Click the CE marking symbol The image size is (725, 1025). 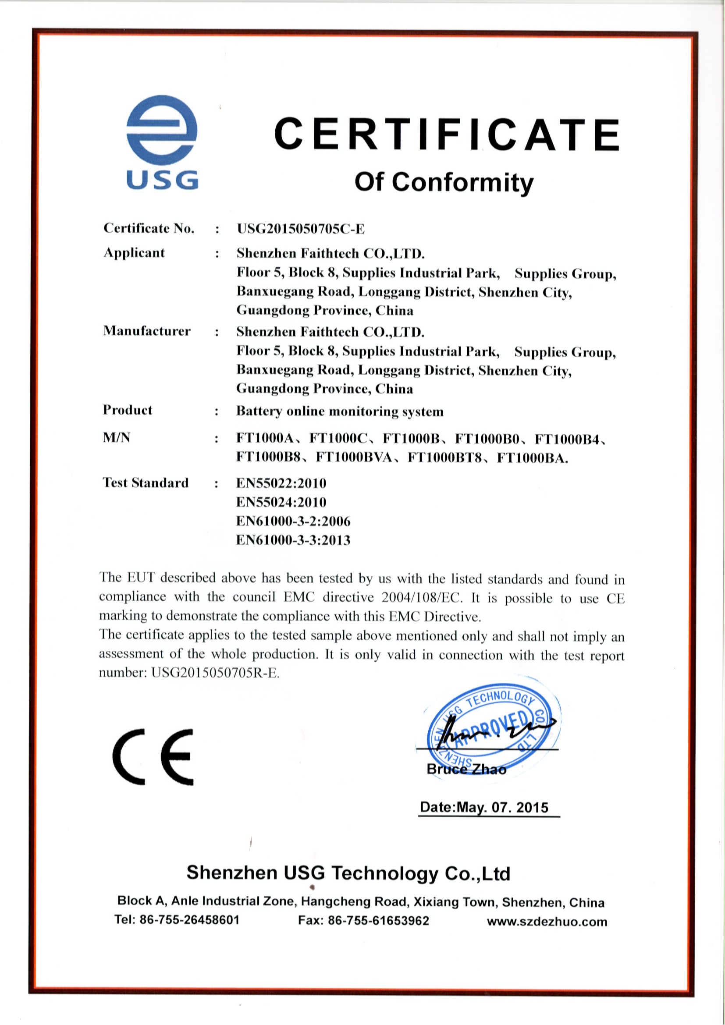click(x=153, y=757)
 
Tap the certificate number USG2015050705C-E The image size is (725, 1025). click(x=300, y=229)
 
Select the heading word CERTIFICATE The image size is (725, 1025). click(x=446, y=134)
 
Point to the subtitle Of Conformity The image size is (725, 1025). click(x=444, y=182)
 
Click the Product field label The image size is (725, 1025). click(x=127, y=410)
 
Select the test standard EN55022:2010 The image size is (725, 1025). click(x=281, y=483)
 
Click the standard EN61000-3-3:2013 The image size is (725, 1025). click(x=293, y=540)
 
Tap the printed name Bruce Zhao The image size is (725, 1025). click(x=466, y=769)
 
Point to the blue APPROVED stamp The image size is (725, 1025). click(x=493, y=731)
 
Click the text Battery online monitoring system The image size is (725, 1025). click(x=340, y=411)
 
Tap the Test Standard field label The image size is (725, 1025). click(x=146, y=482)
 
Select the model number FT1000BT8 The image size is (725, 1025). click(x=445, y=458)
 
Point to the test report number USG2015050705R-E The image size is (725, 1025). click(x=215, y=673)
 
